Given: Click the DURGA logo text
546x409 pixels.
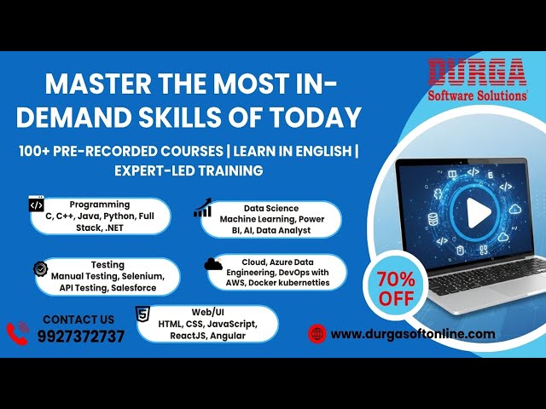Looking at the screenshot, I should (477, 72).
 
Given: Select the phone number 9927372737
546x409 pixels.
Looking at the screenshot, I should (80, 336).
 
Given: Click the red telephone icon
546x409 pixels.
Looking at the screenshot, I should (18, 332).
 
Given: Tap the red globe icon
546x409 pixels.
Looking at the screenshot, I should (317, 334).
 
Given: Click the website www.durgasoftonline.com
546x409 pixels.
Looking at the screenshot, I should (412, 334).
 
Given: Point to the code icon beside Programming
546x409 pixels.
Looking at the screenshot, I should (36, 204).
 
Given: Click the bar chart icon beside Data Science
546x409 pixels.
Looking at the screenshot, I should (203, 209).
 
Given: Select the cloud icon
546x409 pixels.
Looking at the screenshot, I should (213, 264).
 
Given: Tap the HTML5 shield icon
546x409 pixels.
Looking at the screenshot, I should (143, 313).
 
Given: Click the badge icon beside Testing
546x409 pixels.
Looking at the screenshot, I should (40, 268).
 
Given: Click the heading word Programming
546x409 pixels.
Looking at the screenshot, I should (100, 204).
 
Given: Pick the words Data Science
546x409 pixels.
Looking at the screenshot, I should (271, 207).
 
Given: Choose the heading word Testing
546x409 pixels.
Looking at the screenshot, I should (107, 265).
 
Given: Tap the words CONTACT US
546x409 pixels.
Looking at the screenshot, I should (78, 320).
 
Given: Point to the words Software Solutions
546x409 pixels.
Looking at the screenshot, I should (477, 95).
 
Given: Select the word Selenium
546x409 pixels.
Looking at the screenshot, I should (142, 277).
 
